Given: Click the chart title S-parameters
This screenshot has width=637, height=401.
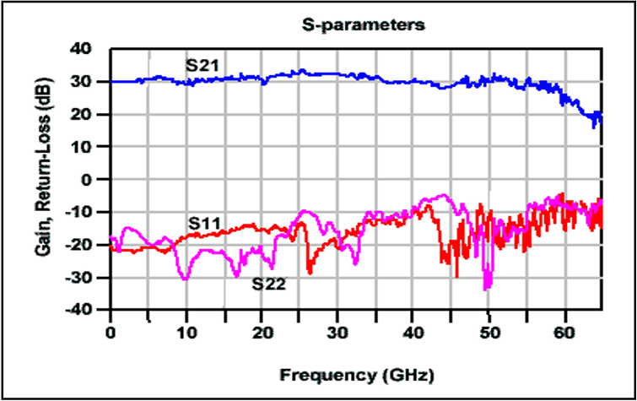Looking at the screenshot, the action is coord(363,25).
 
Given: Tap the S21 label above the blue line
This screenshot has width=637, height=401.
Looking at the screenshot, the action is coord(202,65).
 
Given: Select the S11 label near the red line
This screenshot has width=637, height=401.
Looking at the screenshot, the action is coord(204,223).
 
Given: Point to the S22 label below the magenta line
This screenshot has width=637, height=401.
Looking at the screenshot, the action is coord(268,284).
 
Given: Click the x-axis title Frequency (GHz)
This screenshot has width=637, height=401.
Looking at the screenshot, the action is coord(357,375).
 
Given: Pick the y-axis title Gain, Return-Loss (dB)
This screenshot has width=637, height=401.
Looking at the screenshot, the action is coord(43,166).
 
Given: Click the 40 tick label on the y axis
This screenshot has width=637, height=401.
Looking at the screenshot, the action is coord(81,49).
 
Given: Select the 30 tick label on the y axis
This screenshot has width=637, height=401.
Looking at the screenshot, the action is coord(81,82).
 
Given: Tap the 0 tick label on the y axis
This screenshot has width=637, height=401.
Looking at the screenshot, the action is coord(87,179).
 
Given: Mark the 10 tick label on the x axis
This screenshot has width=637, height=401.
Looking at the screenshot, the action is coord(186,333).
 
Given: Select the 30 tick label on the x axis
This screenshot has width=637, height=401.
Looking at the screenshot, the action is coord(337,333).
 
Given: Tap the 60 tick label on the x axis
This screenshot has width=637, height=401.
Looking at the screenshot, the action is coord(564,333).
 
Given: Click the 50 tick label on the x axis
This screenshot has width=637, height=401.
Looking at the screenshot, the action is coord(489,333).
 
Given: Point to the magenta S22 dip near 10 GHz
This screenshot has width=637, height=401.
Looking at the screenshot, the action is coord(186,279).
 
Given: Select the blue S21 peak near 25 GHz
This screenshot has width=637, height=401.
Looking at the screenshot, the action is coord(302,70).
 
